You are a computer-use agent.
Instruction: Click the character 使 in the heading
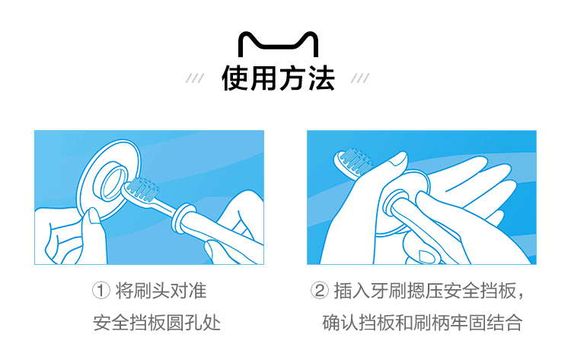point(235,78)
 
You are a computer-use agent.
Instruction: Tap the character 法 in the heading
point(321,78)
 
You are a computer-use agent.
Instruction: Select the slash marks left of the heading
point(195,78)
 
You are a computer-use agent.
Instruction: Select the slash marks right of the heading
point(360,78)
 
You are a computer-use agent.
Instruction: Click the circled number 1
point(100,291)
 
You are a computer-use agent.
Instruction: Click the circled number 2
point(319,291)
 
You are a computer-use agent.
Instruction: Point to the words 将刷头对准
point(161,291)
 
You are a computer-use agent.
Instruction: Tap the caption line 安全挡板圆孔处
point(157,323)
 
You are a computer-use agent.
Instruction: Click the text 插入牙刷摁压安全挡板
point(425,291)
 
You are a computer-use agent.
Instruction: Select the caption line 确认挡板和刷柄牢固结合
point(423,323)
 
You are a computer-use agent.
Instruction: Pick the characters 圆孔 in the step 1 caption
point(184,323)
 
